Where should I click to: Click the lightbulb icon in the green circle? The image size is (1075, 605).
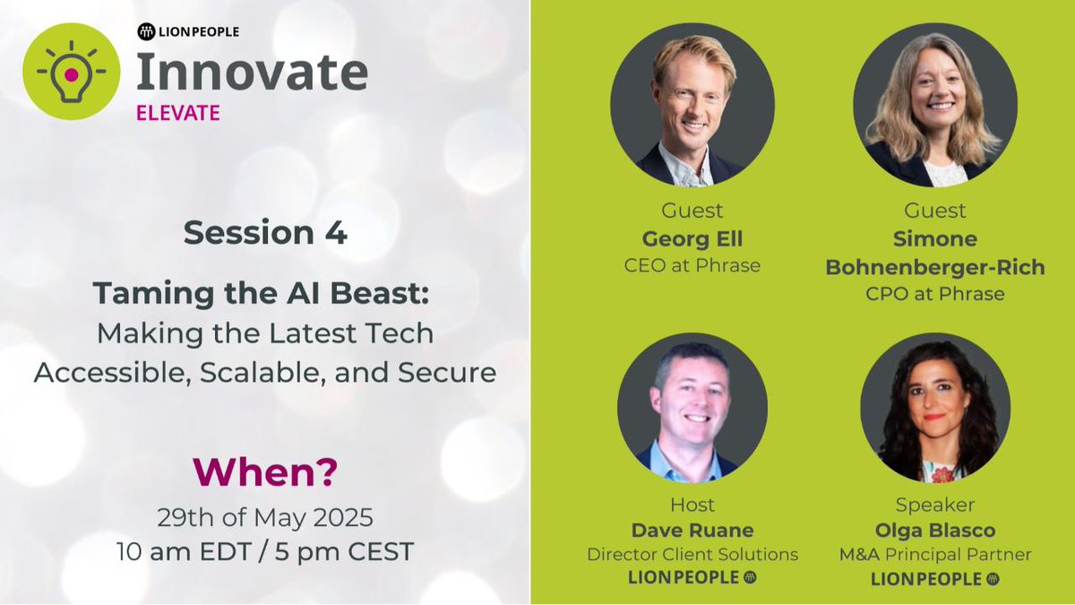tap(71, 71)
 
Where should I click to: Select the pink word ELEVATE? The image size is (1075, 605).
tap(177, 114)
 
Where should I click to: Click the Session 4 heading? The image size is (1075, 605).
tap(265, 233)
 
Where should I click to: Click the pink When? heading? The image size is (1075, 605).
tap(265, 473)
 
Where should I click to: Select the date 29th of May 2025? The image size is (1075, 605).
tap(265, 518)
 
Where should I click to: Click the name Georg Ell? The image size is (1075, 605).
tap(692, 239)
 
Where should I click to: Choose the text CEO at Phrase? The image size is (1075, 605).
tap(692, 266)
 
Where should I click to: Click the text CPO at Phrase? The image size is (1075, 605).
tap(936, 293)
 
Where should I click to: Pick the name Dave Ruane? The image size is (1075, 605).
tap(692, 530)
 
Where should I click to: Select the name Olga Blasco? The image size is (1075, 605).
tap(936, 530)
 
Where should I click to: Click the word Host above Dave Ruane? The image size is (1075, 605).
tap(692, 505)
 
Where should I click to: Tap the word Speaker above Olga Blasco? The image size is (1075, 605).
tap(936, 505)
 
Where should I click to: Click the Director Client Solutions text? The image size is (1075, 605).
tap(692, 555)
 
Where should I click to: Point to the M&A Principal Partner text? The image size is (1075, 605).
tap(936, 555)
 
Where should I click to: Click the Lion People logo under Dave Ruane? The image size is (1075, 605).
tap(692, 578)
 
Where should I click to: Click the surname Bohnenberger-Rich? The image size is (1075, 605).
tap(936, 267)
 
